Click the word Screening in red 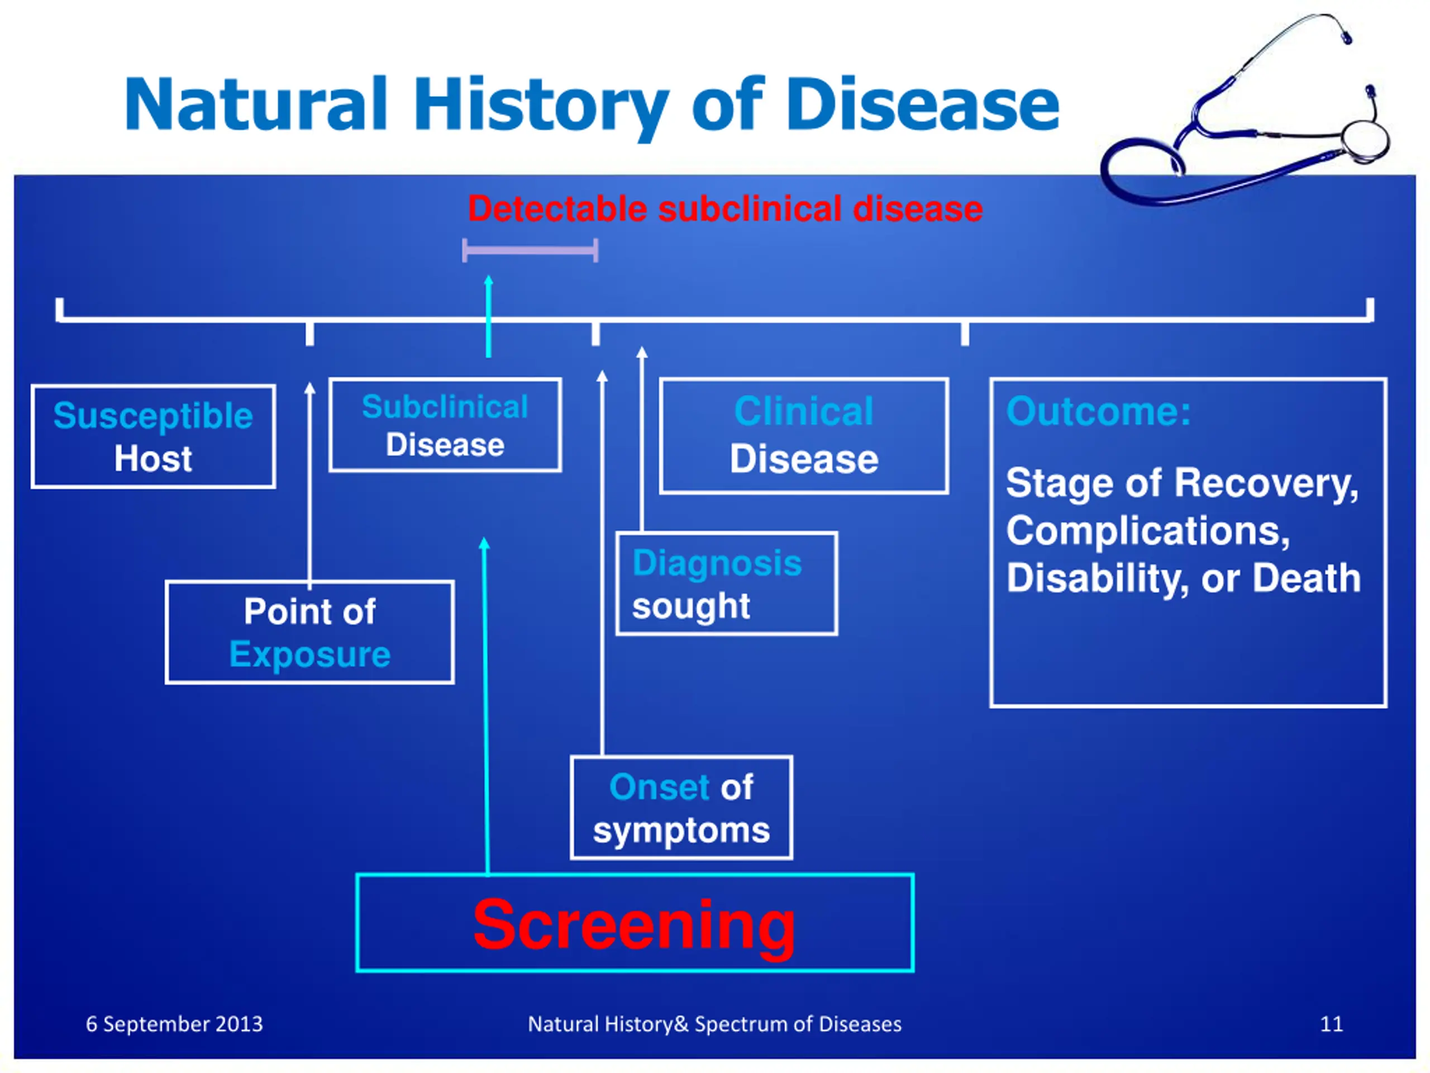click(634, 925)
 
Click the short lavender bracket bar click(530, 250)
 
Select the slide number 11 click(1331, 1024)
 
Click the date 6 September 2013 click(174, 1024)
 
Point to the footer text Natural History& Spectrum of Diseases click(714, 1024)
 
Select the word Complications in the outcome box click(1147, 531)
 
